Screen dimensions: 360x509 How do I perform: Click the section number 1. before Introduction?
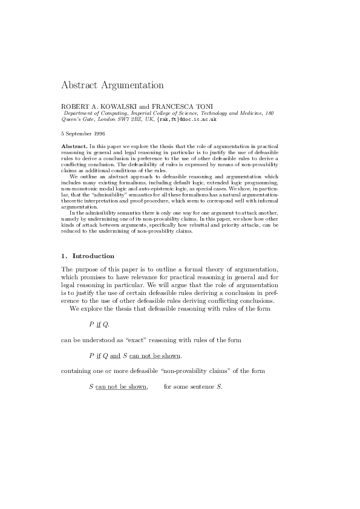[65, 256]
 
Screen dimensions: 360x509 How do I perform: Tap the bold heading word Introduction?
[93, 256]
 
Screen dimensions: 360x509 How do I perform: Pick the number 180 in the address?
[270, 113]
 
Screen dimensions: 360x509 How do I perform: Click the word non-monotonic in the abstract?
[79, 182]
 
